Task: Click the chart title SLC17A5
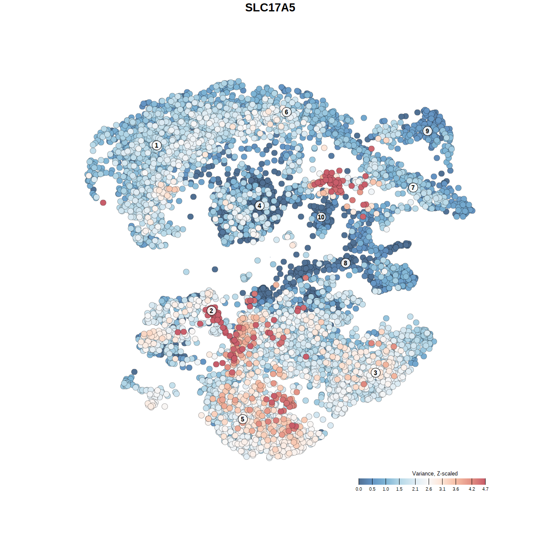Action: [270, 8]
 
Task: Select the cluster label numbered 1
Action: [157, 146]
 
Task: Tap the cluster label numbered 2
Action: [211, 311]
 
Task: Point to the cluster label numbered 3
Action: [375, 373]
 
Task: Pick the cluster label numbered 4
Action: [259, 206]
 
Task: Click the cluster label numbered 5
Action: [243, 419]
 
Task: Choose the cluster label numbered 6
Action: [286, 112]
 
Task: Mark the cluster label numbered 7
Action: [413, 188]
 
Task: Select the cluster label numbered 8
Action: [346, 263]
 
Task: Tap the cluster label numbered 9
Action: [427, 131]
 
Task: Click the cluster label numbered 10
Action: [321, 217]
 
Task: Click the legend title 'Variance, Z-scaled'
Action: [435, 473]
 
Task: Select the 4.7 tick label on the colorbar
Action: [485, 489]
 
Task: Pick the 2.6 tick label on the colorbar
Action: [429, 489]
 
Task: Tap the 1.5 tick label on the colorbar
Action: [399, 489]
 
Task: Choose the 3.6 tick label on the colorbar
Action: [456, 489]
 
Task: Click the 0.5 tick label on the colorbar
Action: [372, 489]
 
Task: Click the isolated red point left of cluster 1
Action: [103, 203]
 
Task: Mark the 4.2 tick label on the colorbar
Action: [472, 489]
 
